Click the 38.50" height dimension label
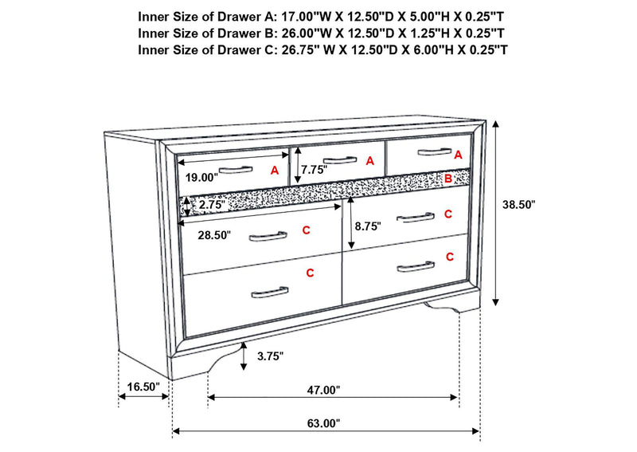(x=519, y=205)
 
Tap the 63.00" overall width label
(x=323, y=423)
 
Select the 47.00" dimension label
(x=323, y=390)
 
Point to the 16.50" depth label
(x=143, y=387)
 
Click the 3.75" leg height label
(x=270, y=356)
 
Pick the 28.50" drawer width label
(x=214, y=234)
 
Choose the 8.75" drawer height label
(x=368, y=226)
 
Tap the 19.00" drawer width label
(x=202, y=178)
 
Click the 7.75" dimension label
(x=314, y=170)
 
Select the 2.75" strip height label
(x=212, y=205)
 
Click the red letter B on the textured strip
(x=448, y=179)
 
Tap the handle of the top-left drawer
(x=236, y=169)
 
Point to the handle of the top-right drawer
(x=435, y=151)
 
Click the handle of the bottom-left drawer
(x=270, y=292)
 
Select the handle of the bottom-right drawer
(x=416, y=266)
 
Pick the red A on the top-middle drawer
(x=369, y=161)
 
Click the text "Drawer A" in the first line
(x=244, y=17)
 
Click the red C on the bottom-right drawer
(x=450, y=257)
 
